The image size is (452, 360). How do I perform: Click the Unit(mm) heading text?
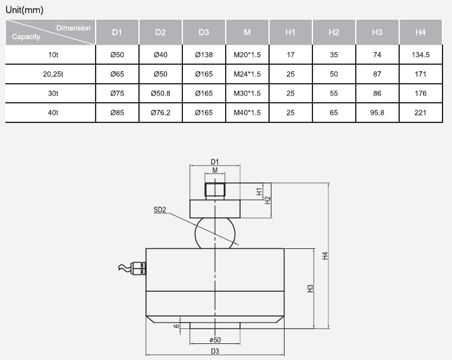[24, 10]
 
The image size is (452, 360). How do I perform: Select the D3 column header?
[204, 32]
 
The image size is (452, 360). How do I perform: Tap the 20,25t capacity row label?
[53, 74]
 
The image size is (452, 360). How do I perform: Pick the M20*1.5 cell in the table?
[247, 54]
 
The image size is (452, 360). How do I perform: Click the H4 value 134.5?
[421, 54]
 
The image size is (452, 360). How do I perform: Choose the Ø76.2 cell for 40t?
[161, 112]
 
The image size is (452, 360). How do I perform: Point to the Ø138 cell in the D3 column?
[204, 54]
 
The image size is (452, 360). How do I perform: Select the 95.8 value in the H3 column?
[377, 112]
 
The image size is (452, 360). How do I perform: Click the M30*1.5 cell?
[247, 93]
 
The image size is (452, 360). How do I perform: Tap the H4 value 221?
[421, 112]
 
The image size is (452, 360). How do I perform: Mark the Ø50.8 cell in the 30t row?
[161, 93]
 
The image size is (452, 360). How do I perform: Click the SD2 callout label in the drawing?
[160, 209]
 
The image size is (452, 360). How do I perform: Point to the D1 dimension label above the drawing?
[215, 162]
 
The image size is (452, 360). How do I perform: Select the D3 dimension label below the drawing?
[215, 352]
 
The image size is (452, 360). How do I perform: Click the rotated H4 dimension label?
[324, 255]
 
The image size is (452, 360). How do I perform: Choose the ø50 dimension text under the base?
[215, 339]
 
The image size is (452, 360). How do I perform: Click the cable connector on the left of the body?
[137, 268]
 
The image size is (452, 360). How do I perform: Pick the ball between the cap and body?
[215, 233]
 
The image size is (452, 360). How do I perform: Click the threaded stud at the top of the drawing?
[215, 190]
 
